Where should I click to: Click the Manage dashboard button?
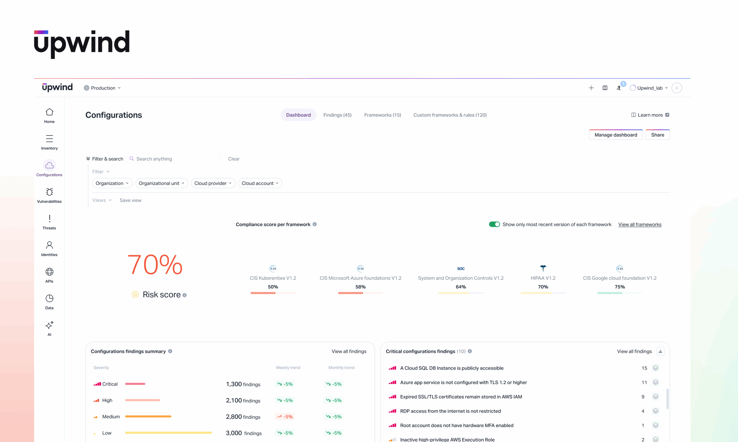615,135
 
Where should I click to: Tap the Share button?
657,135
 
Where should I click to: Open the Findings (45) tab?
337,115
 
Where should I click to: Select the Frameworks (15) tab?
382,115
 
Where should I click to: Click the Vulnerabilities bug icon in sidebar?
49,192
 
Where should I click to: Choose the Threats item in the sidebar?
49,222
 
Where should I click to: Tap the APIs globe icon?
49,272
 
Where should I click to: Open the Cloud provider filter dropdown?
213,183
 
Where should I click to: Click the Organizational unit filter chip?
161,183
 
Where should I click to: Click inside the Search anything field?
176,159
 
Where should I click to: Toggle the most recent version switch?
494,224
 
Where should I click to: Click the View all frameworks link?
640,225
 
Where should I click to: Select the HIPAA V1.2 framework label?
543,278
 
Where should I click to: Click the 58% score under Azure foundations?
360,287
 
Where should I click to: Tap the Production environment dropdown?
103,88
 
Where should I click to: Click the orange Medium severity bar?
148,416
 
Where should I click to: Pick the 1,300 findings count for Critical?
243,384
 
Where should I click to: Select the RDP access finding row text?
450,411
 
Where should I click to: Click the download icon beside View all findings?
660,352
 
